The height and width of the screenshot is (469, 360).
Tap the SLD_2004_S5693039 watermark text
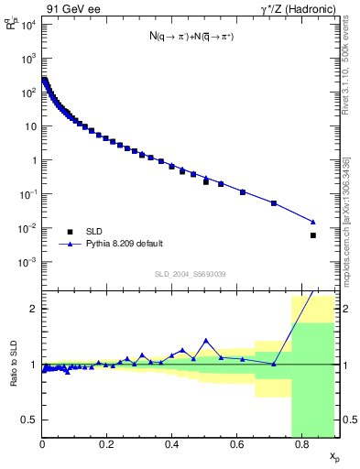click(190, 274)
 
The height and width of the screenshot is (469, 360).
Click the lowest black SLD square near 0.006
click(313, 235)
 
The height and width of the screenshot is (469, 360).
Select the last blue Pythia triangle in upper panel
click(313, 222)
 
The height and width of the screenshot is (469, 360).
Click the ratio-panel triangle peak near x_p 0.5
click(205, 340)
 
